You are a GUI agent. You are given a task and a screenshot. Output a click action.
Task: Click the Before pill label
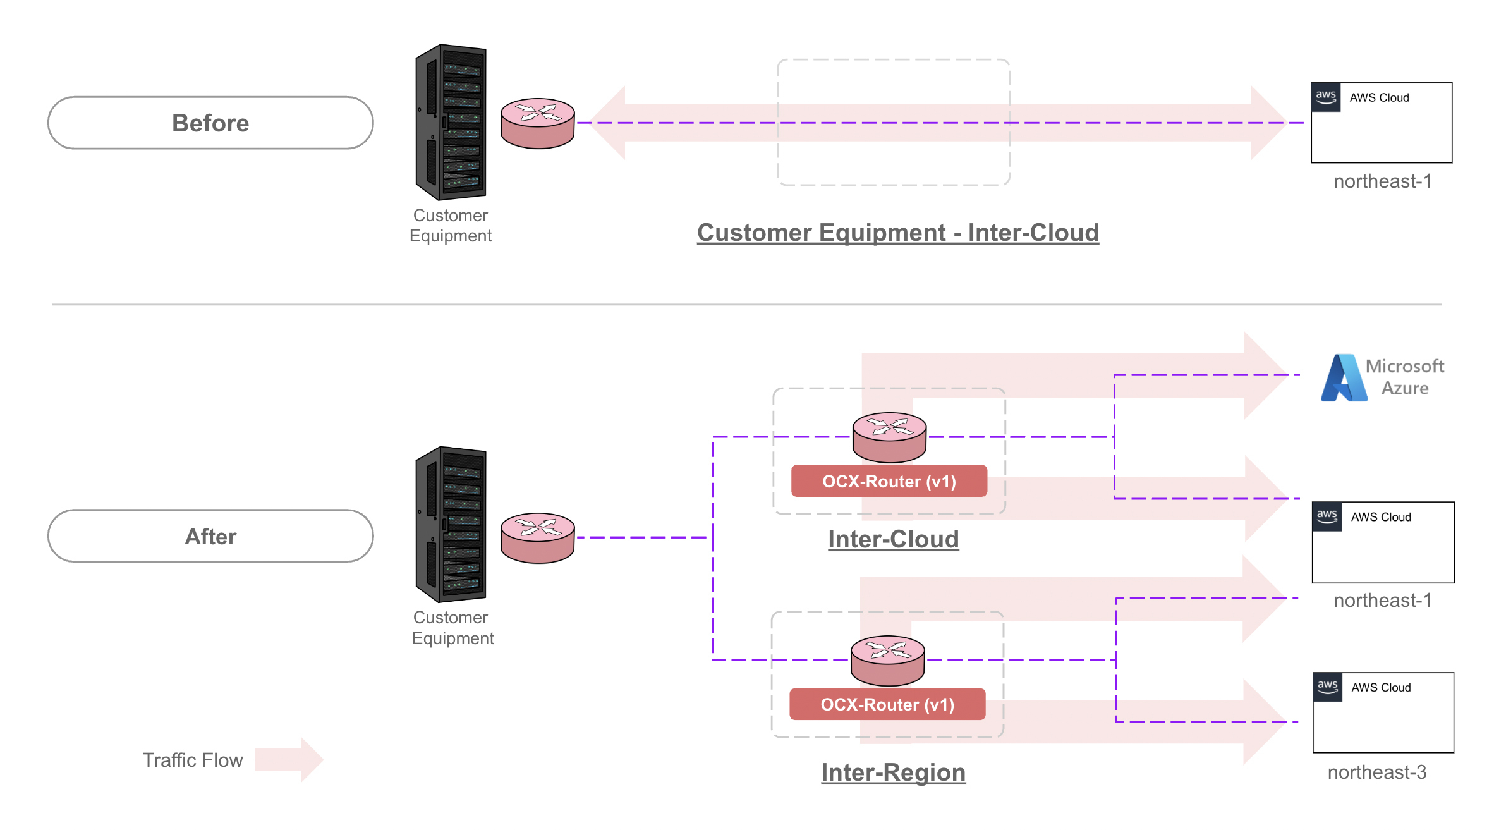coord(210,123)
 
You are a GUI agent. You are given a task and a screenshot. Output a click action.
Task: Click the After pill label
coord(210,537)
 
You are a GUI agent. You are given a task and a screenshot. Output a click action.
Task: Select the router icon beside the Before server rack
coord(537,123)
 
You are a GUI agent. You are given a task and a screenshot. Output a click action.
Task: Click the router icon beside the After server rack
coord(537,538)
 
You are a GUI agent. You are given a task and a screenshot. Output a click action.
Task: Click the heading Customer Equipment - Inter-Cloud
coord(897,233)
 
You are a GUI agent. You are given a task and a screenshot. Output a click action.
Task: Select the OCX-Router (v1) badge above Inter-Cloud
coord(889,482)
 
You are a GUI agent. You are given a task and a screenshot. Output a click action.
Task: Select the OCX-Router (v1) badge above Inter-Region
coord(887,705)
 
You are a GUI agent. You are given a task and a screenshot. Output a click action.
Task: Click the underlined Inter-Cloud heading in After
coord(893,539)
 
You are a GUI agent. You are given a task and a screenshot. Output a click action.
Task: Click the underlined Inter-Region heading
coord(893,772)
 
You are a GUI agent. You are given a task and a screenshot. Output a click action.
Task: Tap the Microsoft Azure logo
coord(1344,378)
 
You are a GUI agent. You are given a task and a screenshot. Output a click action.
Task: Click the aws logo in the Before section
coord(1326,97)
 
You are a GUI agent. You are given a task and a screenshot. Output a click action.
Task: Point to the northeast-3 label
coord(1377,772)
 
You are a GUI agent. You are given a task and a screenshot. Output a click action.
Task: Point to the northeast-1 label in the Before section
coord(1382,181)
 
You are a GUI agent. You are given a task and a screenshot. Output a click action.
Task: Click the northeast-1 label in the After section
coord(1382,601)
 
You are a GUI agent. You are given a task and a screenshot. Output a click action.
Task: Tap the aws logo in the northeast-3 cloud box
coord(1327,687)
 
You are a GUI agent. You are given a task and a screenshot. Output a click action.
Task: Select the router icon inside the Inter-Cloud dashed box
coord(889,437)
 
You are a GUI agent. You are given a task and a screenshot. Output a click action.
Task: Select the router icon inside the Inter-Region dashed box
coord(887,660)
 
